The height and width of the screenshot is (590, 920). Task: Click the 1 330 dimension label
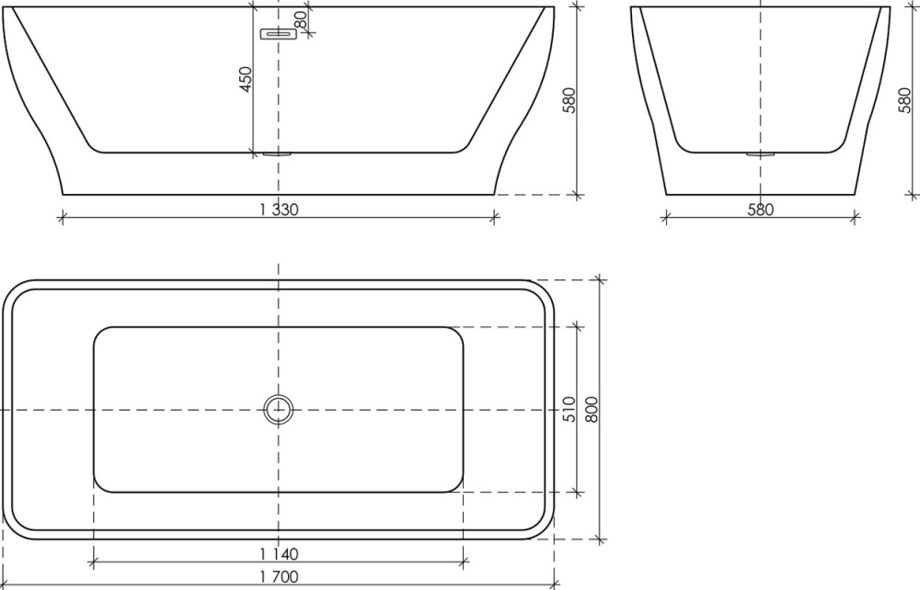pos(279,210)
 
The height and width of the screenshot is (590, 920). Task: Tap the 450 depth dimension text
pos(246,79)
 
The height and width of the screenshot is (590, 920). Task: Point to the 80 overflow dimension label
pos(300,20)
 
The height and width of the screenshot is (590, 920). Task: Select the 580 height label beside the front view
pos(568,100)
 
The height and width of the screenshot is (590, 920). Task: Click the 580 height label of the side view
pos(904,100)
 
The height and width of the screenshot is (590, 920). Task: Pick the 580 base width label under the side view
pos(761,210)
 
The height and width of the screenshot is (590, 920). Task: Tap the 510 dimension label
pos(569,409)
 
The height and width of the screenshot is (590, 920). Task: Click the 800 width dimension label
pos(591,409)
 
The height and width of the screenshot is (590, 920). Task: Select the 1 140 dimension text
pos(279,553)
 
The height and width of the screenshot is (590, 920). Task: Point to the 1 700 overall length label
pos(279,577)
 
